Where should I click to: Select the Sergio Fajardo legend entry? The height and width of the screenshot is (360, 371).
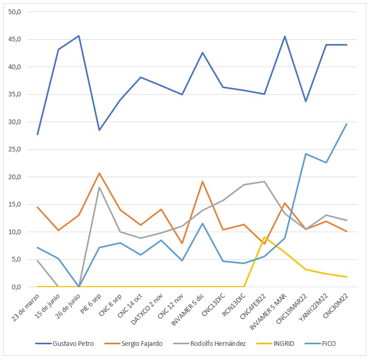click(x=136, y=343)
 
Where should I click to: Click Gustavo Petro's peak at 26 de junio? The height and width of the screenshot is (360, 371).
click(x=79, y=36)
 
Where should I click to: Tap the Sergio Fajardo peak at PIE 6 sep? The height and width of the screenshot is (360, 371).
click(x=100, y=173)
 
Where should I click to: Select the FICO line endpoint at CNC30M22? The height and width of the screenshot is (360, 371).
click(x=347, y=124)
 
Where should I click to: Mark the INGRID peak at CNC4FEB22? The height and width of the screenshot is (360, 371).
click(x=265, y=237)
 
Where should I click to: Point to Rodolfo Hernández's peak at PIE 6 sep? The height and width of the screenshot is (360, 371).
click(x=100, y=187)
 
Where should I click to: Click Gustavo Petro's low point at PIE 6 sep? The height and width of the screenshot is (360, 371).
click(x=100, y=130)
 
